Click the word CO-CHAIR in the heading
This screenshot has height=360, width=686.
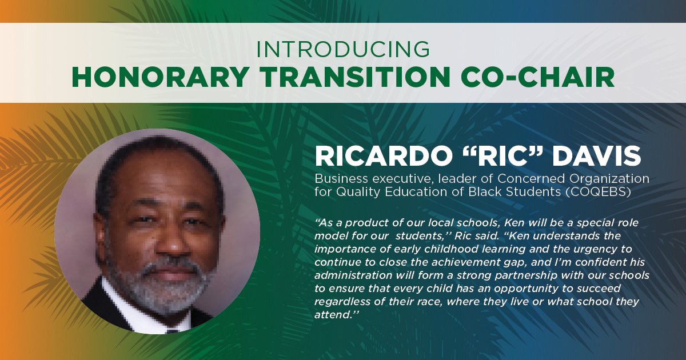534,77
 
